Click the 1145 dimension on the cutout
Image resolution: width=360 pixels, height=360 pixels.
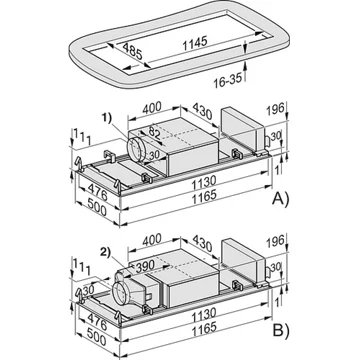(195, 43)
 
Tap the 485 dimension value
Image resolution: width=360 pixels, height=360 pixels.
(132, 51)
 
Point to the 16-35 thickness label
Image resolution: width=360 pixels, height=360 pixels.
(227, 80)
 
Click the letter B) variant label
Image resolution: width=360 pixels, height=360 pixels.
(281, 331)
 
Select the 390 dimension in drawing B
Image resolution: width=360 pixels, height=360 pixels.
(144, 266)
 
